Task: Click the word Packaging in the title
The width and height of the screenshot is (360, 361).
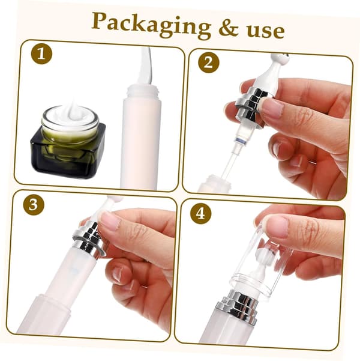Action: coord(151,25)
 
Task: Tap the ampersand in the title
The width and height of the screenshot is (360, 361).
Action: coord(229,29)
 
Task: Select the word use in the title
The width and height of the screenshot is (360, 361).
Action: coord(266,31)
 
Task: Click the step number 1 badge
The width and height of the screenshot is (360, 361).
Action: coord(41,54)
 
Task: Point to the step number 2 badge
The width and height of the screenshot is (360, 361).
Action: coord(209,62)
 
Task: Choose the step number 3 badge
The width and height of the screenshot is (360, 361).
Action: coord(34,204)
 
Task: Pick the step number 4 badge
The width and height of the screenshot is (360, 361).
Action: coord(200,213)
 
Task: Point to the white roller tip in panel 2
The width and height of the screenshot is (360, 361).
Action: coord(279,58)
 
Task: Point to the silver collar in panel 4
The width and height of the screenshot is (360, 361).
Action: coord(237,307)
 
